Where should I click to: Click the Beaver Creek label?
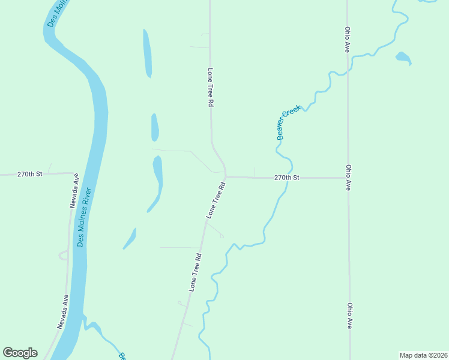point(289,122)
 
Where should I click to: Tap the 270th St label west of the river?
point(30,174)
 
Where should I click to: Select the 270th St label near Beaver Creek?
point(286,178)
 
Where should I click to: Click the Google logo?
point(20,353)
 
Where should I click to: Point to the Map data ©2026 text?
point(423,355)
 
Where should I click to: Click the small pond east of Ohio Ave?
point(403,58)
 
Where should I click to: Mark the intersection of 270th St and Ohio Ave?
point(348,178)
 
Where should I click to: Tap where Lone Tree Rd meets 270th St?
point(225,177)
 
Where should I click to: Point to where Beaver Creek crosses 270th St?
point(289,178)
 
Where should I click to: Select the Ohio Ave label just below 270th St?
point(348,178)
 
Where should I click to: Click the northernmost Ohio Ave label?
point(347,39)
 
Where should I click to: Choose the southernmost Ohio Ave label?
point(349,315)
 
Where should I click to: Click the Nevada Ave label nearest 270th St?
point(74,191)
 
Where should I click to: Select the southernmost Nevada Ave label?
point(63,311)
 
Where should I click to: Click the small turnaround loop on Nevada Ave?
point(63,256)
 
